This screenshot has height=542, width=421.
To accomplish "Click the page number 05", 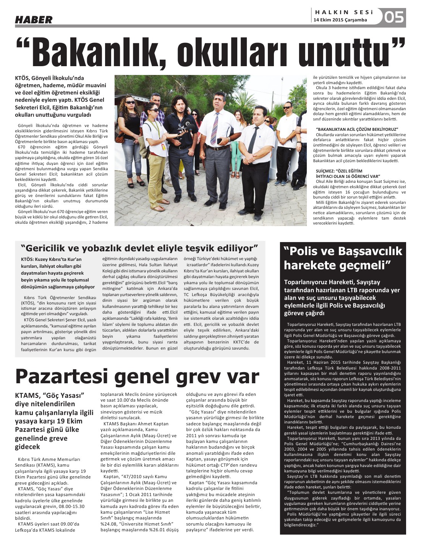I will click(394, 17).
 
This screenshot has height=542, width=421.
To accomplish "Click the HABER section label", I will click(34, 20).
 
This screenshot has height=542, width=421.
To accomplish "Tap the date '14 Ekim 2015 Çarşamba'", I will click(340, 20).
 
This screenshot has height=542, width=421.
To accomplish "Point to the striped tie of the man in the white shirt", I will click(215, 128).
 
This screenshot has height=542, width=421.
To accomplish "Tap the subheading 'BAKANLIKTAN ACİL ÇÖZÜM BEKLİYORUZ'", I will click(357, 129).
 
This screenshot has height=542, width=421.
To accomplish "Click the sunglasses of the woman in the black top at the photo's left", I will click(130, 103).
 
